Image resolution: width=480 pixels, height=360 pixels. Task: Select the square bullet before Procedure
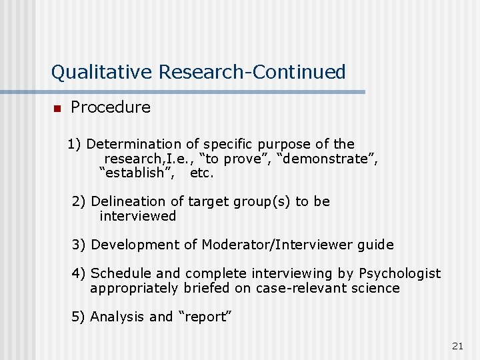coord(57,109)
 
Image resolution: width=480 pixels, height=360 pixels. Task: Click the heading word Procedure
coord(111,107)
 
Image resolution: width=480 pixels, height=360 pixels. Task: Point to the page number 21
coord(457,345)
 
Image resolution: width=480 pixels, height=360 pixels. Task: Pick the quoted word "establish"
coord(137,173)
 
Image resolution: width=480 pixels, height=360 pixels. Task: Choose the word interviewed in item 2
coord(138,216)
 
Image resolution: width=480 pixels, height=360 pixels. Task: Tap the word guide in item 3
coord(375,245)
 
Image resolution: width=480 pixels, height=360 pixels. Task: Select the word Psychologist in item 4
coord(400,273)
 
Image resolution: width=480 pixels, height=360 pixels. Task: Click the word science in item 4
coord(377,288)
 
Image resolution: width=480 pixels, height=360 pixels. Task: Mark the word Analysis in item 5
coord(117,317)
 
